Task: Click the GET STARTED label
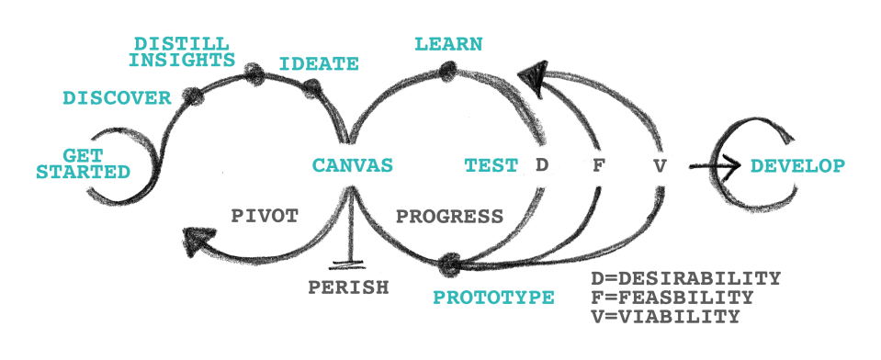pyautogui.click(x=83, y=163)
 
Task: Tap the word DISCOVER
pyautogui.click(x=117, y=98)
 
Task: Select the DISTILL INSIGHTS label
pyautogui.click(x=182, y=52)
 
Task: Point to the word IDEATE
pyautogui.click(x=318, y=64)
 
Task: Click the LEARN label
pyautogui.click(x=448, y=44)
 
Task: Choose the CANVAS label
pyautogui.click(x=353, y=166)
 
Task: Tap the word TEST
pyautogui.click(x=491, y=166)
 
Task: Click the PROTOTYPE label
pyautogui.click(x=493, y=298)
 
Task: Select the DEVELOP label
pyautogui.click(x=797, y=166)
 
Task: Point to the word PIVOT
pyautogui.click(x=264, y=217)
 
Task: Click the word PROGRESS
pyautogui.click(x=449, y=217)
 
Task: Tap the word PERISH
pyautogui.click(x=348, y=287)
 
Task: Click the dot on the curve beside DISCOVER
pyautogui.click(x=193, y=95)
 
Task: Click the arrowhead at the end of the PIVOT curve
pyautogui.click(x=200, y=242)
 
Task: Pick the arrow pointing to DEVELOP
pyautogui.click(x=715, y=166)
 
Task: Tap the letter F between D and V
pyautogui.click(x=597, y=166)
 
